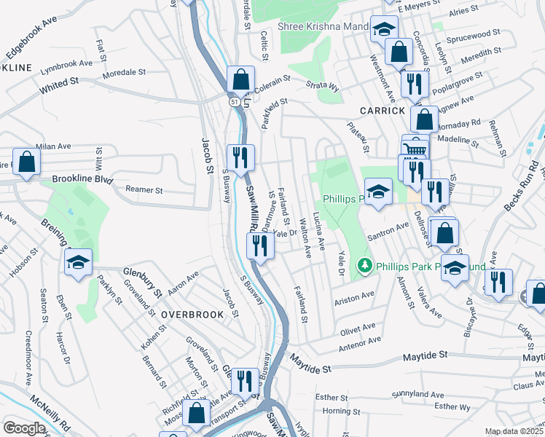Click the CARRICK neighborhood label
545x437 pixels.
382,111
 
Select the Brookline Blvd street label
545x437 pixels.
83,178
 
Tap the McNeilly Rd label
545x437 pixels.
50,412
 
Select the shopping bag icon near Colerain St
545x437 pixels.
240,78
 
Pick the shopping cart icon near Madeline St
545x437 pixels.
415,149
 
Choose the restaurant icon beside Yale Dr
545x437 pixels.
260,245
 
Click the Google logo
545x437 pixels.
23,428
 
